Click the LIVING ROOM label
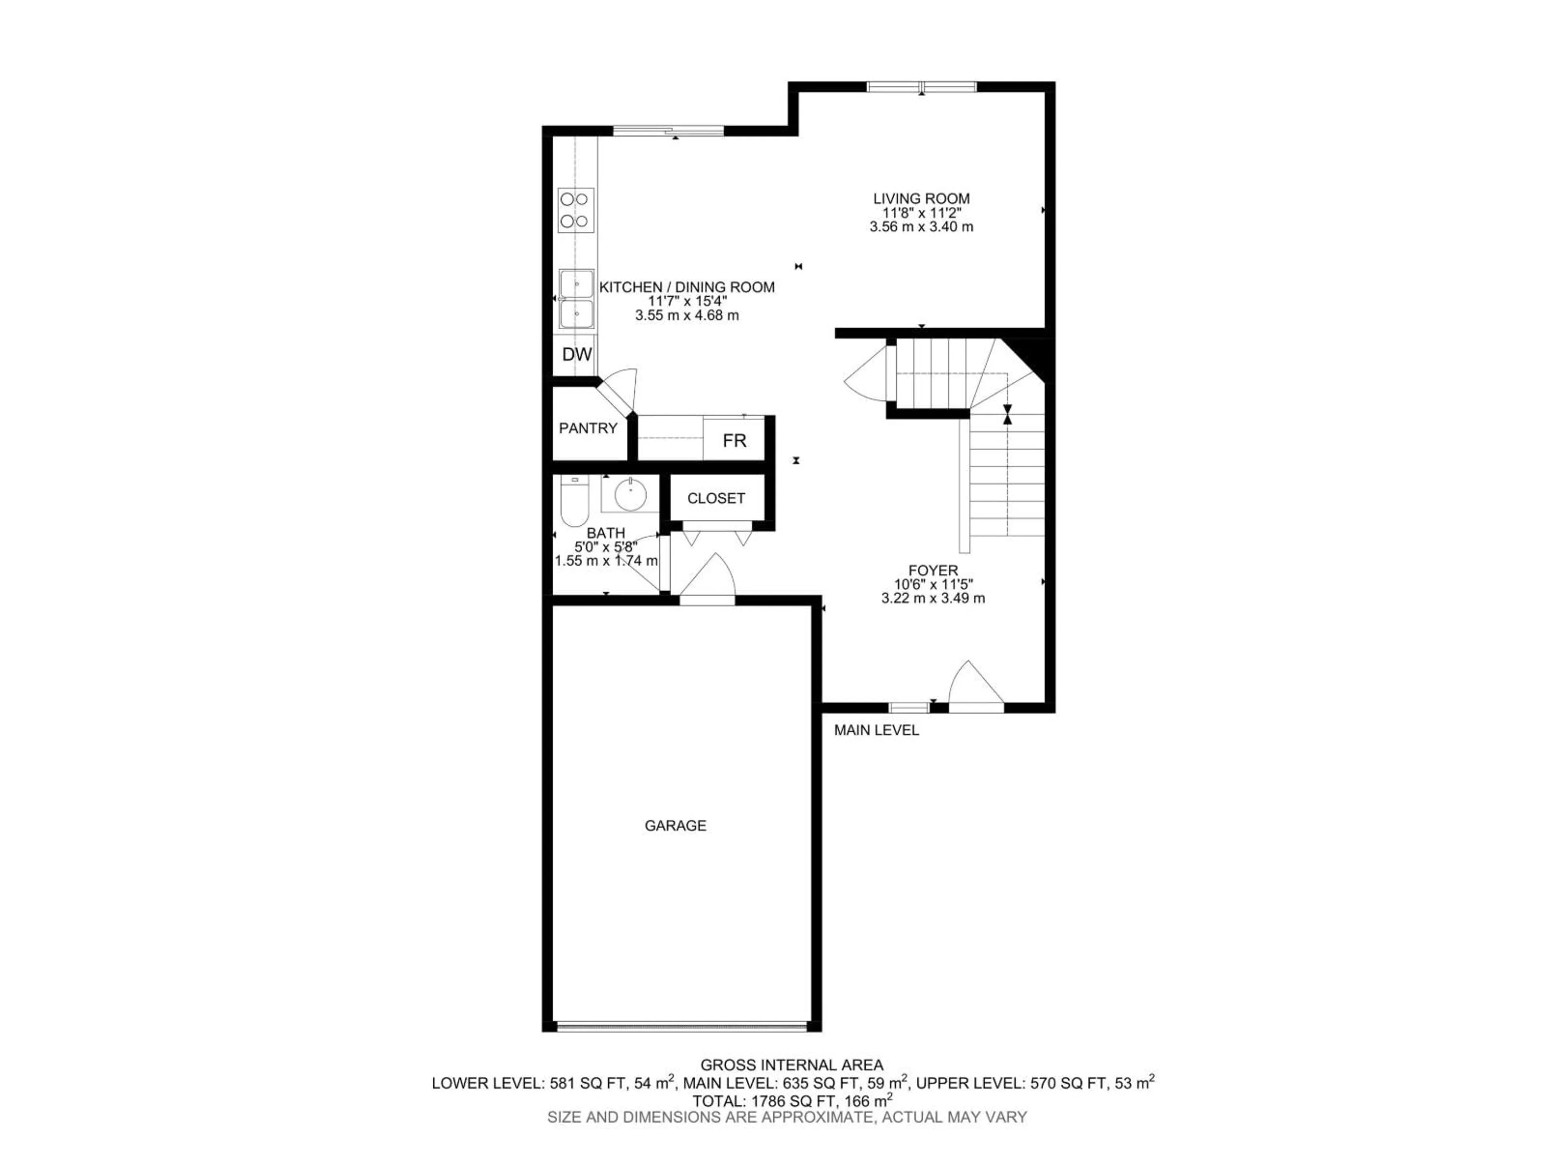[x=921, y=199]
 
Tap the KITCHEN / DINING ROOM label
[x=686, y=287]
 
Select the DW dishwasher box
[x=577, y=354]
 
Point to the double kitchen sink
[x=577, y=299]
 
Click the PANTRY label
[x=588, y=428]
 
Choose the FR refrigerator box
[x=734, y=441]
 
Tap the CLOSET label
[x=716, y=499]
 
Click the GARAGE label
[x=675, y=826]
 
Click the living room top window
[x=921, y=87]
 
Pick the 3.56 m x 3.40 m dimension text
[x=921, y=226]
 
